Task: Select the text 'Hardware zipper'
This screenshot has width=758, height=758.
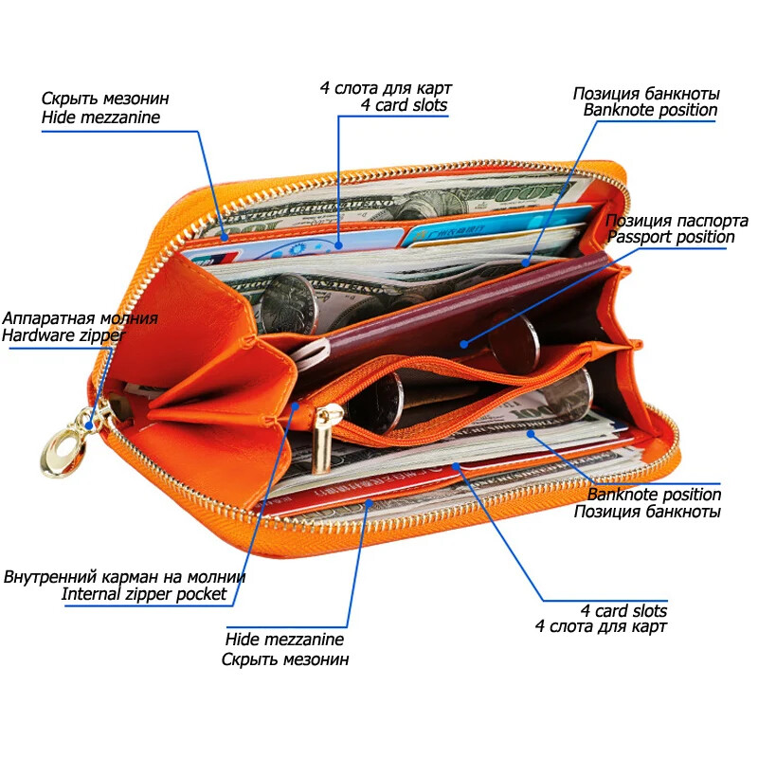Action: (63, 334)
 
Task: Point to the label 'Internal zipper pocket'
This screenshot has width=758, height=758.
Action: (144, 594)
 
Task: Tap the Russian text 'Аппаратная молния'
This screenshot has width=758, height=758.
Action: (80, 318)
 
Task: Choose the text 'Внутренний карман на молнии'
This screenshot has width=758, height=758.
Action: (125, 576)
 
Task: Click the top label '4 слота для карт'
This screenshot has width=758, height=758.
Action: (386, 88)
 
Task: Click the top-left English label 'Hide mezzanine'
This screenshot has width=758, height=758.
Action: (100, 117)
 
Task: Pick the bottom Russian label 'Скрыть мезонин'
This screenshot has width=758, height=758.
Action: (285, 659)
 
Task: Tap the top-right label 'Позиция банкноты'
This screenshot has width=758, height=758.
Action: (646, 93)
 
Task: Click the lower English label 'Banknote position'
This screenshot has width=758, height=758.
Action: (654, 494)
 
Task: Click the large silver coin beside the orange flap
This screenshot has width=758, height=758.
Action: (287, 303)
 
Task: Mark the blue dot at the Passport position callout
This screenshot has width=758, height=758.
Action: (464, 345)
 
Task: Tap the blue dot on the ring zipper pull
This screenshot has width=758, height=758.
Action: (90, 426)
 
